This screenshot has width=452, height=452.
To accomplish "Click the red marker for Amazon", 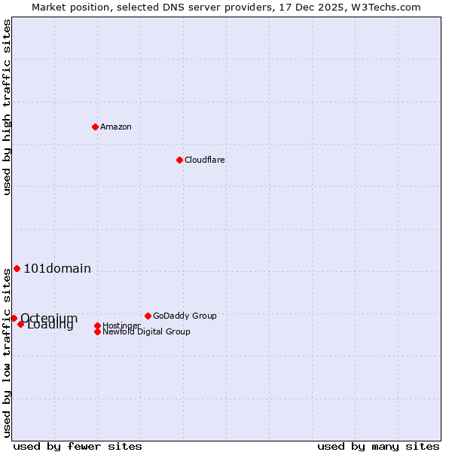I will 95,127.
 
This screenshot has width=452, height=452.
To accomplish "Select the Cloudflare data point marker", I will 179,160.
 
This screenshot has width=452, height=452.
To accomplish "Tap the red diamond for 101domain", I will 17,268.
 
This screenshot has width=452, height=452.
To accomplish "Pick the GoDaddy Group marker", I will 148,316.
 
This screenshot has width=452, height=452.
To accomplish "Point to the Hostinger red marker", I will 97,325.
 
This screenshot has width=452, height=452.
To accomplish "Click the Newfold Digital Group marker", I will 97,331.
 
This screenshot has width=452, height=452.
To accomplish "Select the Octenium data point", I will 14,318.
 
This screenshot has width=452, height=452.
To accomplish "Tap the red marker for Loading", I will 20,324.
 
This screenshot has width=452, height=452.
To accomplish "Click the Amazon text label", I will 116,127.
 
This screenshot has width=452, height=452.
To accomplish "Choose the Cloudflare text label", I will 205,160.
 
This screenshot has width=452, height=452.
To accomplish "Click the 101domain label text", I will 57,269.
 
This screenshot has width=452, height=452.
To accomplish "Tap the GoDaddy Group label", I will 185,316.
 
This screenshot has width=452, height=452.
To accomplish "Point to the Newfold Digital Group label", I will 146,331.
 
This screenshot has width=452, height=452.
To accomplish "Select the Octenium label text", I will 49,317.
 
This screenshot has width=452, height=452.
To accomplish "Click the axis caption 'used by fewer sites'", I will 78,446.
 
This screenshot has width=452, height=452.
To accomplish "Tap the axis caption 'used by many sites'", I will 378,446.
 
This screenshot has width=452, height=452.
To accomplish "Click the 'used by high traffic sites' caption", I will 8,107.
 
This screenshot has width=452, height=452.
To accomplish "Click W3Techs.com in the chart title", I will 386,7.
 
